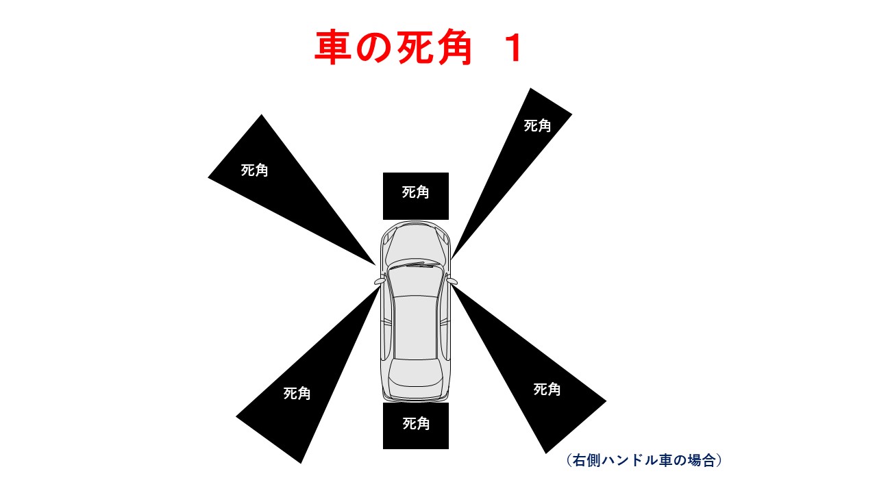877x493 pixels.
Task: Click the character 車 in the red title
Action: pos(332,47)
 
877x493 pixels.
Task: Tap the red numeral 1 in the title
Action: pos(515,48)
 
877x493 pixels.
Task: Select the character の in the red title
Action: pos(373,47)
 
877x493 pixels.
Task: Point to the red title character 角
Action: pos(454,47)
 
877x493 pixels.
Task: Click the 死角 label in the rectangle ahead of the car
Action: pos(415,192)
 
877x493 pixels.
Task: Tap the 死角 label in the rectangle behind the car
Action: pos(416,423)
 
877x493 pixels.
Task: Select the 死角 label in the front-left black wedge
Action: pos(254,170)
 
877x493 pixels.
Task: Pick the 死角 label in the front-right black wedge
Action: pos(537,125)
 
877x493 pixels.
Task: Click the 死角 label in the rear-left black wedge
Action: pos(297,393)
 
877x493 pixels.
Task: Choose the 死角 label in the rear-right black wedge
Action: pos(547,390)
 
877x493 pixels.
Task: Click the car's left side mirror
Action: pos(380,281)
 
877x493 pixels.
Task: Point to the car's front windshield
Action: pos(415,281)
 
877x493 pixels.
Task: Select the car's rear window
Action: pos(415,373)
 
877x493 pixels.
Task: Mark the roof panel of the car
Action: pos(415,327)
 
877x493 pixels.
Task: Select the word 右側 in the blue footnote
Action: pos(586,460)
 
